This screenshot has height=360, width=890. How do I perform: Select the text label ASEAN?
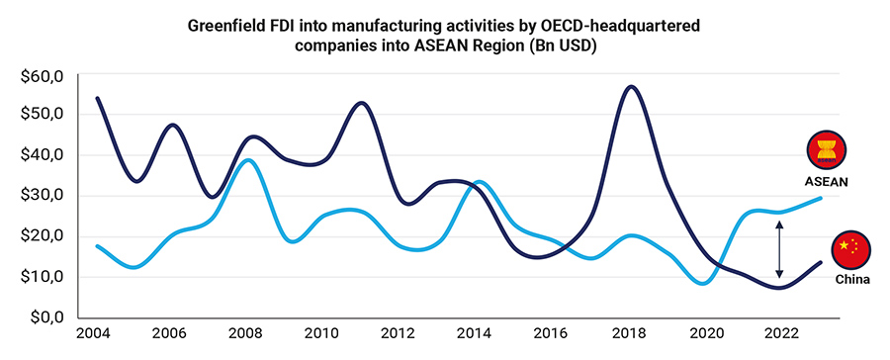tap(833, 183)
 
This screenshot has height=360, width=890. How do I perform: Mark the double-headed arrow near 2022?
tap(779, 249)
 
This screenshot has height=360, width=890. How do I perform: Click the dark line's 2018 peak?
tap(629, 87)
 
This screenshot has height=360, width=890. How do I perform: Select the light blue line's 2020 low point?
tap(703, 283)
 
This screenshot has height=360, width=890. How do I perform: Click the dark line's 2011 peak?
tap(361, 103)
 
